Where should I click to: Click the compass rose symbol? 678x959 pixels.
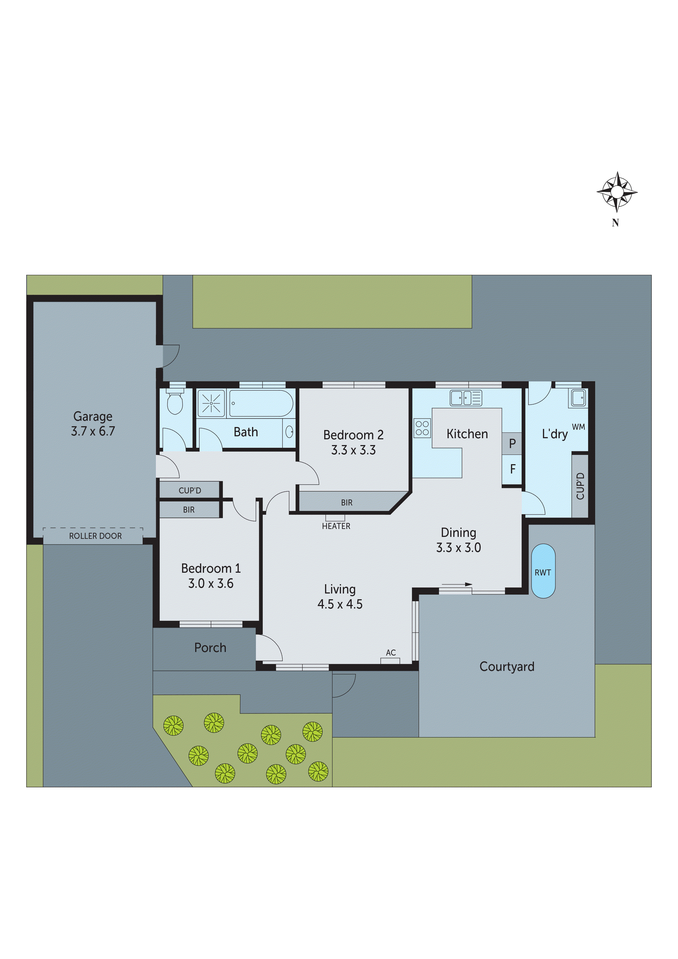(616, 192)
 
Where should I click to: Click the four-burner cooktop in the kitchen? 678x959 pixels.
(422, 428)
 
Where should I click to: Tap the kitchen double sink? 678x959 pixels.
(465, 398)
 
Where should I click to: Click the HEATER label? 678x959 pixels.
(336, 526)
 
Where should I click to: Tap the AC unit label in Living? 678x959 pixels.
(391, 653)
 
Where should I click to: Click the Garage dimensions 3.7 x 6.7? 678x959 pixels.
(93, 431)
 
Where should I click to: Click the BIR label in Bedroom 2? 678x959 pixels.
(346, 502)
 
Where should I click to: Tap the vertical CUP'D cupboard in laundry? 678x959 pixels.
(580, 486)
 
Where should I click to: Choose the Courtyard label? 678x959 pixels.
(507, 666)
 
